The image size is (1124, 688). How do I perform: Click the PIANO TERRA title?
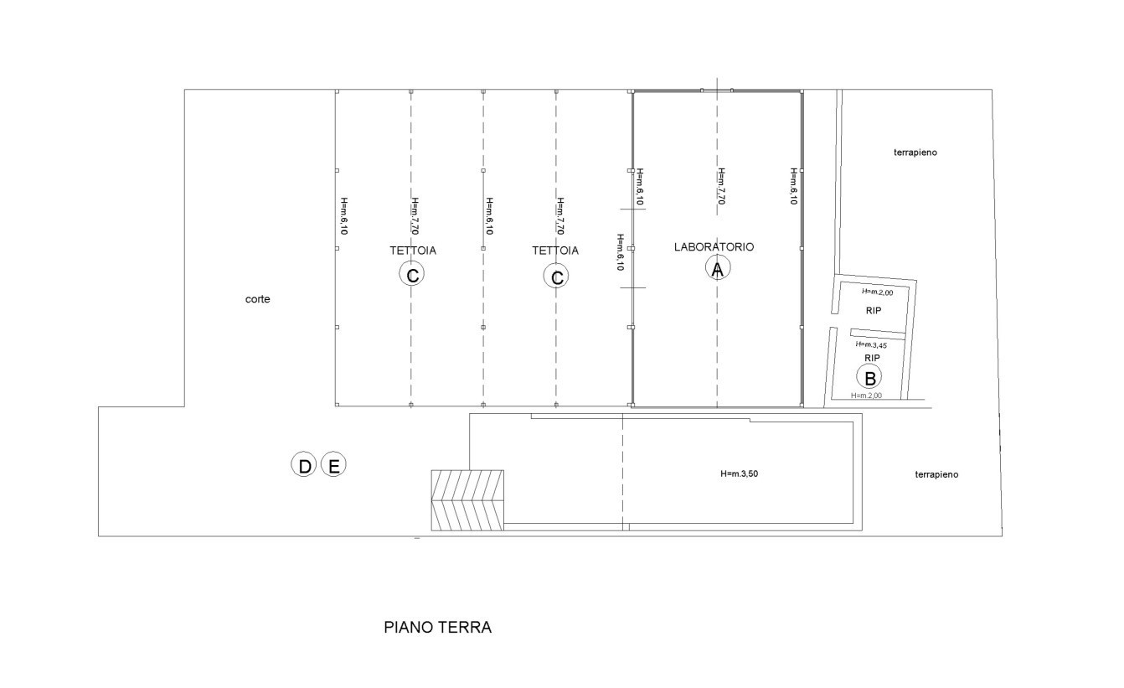click(437, 627)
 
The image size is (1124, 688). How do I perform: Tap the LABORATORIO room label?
click(714, 246)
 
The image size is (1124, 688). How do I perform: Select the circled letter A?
click(718, 268)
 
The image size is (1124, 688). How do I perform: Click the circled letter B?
click(869, 377)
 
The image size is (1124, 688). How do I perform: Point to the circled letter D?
click(303, 464)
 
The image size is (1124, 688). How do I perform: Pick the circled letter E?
click(333, 464)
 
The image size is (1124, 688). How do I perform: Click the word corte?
click(257, 299)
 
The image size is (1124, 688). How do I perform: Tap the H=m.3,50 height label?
click(739, 473)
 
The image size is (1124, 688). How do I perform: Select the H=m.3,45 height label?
click(871, 344)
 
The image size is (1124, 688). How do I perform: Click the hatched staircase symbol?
click(467, 500)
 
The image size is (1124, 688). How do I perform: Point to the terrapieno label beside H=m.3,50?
click(936, 474)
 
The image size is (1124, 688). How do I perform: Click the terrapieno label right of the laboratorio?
click(915, 153)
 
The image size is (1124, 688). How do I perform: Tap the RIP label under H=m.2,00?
click(873, 311)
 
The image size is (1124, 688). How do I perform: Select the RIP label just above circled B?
click(872, 358)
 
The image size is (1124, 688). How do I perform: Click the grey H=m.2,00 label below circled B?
click(866, 396)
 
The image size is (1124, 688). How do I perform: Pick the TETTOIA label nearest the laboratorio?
click(555, 250)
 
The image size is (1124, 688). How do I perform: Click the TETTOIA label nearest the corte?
click(413, 250)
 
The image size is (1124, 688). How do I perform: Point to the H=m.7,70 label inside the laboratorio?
click(721, 186)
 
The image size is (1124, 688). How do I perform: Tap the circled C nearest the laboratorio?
click(556, 277)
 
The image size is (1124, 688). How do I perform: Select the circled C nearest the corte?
click(411, 274)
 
